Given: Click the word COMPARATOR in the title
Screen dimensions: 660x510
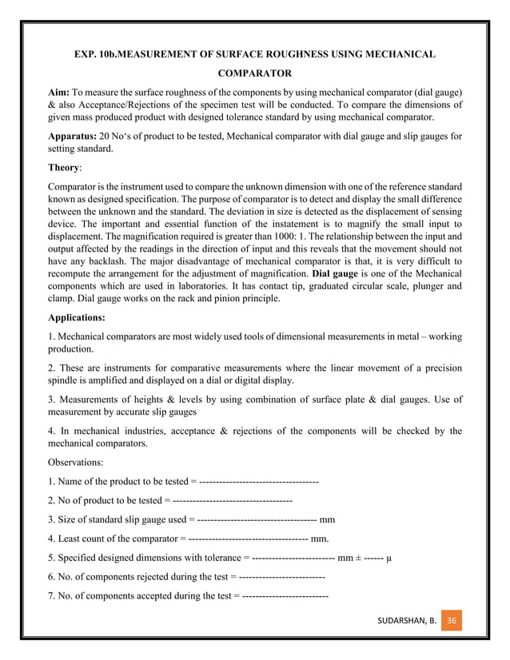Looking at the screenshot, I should tap(255, 73).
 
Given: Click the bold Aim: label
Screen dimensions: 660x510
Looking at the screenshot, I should tap(62, 93).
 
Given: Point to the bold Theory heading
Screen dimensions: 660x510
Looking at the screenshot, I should tap(65, 169).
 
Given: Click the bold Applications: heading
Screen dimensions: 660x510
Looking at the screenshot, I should tap(80, 316).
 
